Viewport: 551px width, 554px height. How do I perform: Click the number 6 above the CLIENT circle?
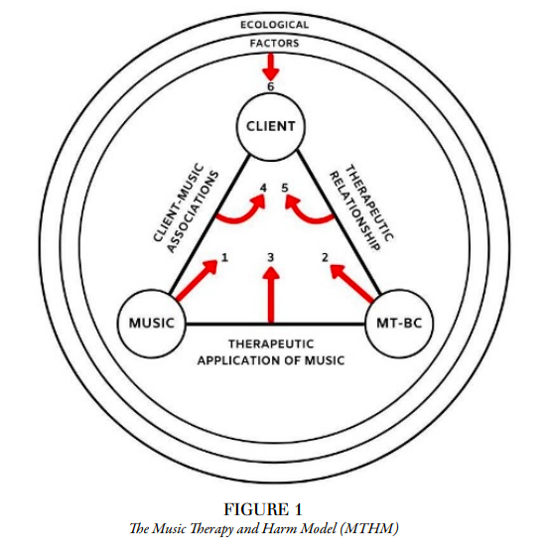pyautogui.click(x=271, y=86)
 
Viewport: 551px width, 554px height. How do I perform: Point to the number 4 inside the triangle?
pyautogui.click(x=263, y=188)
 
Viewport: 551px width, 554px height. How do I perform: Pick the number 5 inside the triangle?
pyautogui.click(x=285, y=188)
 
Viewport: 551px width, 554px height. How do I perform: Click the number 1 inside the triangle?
pyautogui.click(x=225, y=257)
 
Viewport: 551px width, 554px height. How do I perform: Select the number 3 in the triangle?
pyautogui.click(x=271, y=257)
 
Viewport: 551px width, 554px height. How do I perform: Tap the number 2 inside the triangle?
pyautogui.click(x=325, y=257)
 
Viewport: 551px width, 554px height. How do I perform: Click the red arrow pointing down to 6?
pyautogui.click(x=271, y=68)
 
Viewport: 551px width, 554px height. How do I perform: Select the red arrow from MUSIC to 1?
pyautogui.click(x=197, y=280)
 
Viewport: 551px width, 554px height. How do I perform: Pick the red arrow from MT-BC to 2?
pyautogui.click(x=351, y=284)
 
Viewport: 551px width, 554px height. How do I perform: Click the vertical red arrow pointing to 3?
pyautogui.click(x=271, y=295)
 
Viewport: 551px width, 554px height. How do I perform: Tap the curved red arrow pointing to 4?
pyautogui.click(x=243, y=219)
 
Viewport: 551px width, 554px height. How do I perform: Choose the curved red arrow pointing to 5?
pyautogui.click(x=307, y=219)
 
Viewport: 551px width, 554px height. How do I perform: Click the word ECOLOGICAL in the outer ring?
pyautogui.click(x=274, y=25)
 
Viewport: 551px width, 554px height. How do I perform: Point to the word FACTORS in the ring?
pyautogui.click(x=274, y=43)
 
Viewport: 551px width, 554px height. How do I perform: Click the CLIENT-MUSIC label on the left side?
pyautogui.click(x=179, y=203)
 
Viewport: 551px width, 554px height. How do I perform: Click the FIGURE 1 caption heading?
pyautogui.click(x=263, y=509)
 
